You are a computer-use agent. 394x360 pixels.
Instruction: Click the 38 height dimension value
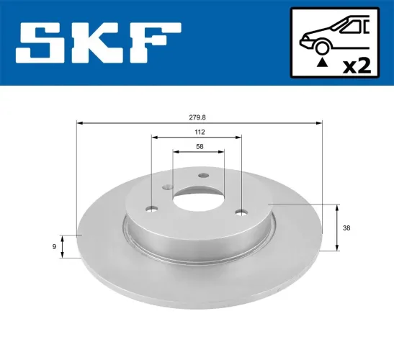coord(347,228)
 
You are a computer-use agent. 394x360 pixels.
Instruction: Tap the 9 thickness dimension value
coord(55,247)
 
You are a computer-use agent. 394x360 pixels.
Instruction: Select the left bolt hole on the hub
coord(152,210)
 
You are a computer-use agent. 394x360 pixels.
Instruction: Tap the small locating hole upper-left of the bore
coord(169,188)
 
